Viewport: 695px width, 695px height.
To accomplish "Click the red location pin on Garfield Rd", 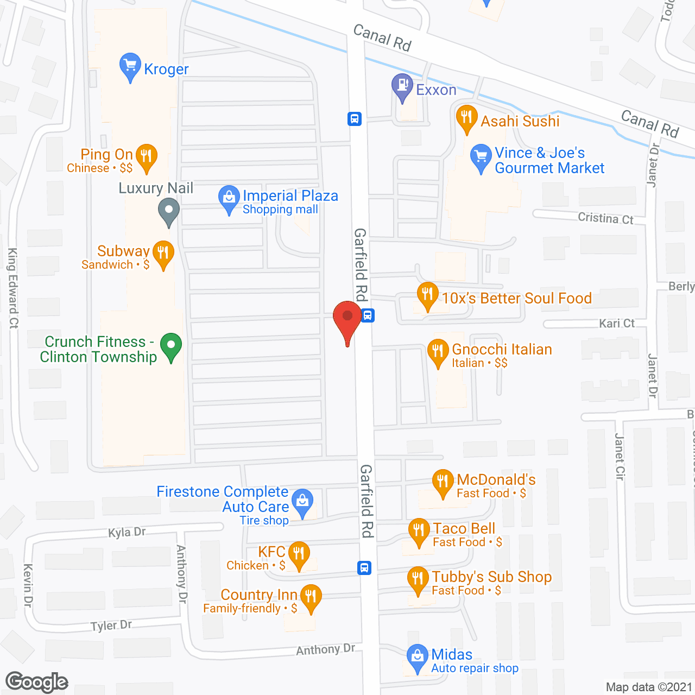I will pos(347,318).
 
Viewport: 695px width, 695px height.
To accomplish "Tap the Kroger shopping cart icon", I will pos(130,66).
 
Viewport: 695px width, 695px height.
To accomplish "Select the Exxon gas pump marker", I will pos(402,86).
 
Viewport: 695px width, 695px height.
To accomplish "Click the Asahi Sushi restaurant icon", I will pos(466,118).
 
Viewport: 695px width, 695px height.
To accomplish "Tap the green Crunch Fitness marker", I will pos(171,346).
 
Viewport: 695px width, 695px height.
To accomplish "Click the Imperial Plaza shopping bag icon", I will pos(229,198).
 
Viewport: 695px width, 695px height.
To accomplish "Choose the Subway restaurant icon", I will pos(163,254).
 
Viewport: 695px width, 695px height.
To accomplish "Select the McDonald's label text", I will pos(496,480).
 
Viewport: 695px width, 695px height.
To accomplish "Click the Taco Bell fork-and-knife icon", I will pos(419,530).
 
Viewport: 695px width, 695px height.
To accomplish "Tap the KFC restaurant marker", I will pos(299,554).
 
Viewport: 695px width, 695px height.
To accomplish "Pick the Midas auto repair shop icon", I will pos(417,656).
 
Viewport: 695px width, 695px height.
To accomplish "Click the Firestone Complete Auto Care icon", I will pos(302,502).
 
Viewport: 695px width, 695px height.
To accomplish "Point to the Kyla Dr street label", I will pos(127,532).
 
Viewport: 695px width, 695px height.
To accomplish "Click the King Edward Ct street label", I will pos(13,288).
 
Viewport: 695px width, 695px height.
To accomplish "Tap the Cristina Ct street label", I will pos(605,218).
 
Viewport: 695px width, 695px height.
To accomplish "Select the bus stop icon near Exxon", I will pos(355,118).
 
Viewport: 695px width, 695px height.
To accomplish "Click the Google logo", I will pos(37,683).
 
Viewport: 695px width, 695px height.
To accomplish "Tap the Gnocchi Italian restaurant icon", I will pos(438,352).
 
